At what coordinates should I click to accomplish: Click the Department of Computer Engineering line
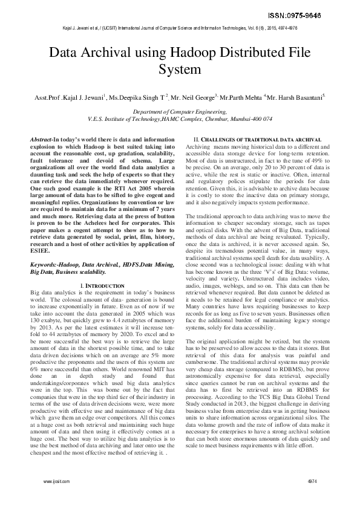point(179,112)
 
